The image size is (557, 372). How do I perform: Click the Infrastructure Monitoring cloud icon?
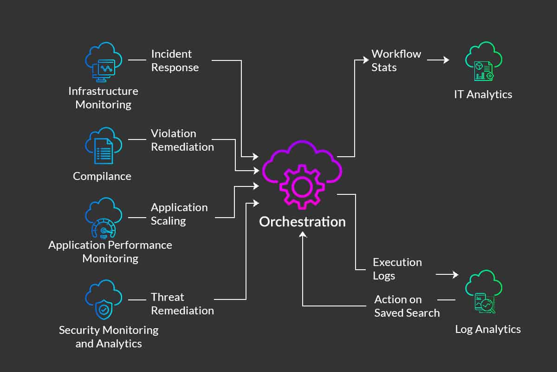(104, 62)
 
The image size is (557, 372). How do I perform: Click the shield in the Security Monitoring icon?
(104, 310)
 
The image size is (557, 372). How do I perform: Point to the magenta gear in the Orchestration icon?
(302, 187)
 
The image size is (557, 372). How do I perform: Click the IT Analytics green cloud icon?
(484, 61)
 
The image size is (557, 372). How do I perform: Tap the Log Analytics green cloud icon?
(484, 292)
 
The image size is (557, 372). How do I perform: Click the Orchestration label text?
(302, 222)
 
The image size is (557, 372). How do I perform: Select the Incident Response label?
(175, 60)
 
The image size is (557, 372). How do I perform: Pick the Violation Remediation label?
(182, 140)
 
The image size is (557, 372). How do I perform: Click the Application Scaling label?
(179, 214)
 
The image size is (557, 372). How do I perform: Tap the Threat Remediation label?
(182, 304)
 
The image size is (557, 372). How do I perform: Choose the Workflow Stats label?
(396, 60)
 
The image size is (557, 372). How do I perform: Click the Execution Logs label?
(397, 269)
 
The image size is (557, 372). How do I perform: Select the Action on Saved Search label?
(407, 306)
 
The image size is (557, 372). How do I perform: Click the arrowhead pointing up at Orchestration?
(303, 234)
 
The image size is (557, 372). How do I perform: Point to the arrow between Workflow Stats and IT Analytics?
(438, 60)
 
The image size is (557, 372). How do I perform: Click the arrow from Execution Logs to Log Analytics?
(447, 274)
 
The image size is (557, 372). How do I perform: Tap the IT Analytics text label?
(483, 94)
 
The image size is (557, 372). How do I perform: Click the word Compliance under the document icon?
(102, 176)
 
